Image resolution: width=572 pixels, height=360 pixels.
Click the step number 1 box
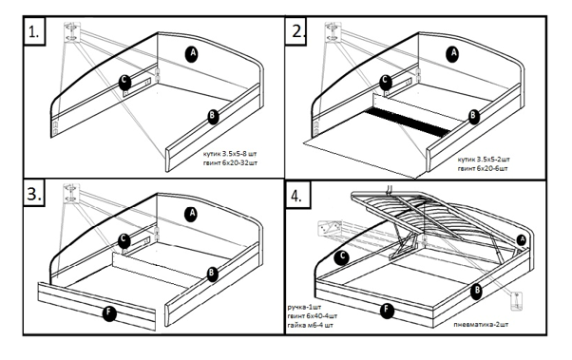pos(34,31)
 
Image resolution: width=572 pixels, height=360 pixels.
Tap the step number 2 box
pos(296,30)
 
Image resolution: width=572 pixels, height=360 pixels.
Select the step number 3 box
pos(34,193)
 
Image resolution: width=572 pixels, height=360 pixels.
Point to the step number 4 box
pos(298,195)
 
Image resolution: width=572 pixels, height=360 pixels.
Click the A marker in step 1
pos(192,54)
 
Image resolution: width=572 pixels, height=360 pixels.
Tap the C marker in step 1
pos(124,82)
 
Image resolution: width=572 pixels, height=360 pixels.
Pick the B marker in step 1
pos(212,117)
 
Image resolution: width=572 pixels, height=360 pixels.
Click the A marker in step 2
pos(452,54)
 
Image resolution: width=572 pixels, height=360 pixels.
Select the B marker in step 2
pos(473,116)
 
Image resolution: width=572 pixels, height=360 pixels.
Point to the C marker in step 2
pos(386,82)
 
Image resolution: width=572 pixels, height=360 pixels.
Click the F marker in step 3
pos(109,313)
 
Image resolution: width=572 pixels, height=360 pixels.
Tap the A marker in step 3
pos(192,215)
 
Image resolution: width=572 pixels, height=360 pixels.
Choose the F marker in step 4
pos(387,311)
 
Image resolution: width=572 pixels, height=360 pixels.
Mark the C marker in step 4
pos(342,257)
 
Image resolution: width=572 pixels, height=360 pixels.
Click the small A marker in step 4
pos(522,240)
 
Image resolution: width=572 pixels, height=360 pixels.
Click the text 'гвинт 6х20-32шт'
pos(230,162)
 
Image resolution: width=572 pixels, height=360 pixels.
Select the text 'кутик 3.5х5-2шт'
pos(484,160)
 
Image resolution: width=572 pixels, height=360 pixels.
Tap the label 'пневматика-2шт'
pos(481,324)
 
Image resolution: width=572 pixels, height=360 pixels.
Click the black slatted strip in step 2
pos(408,123)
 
